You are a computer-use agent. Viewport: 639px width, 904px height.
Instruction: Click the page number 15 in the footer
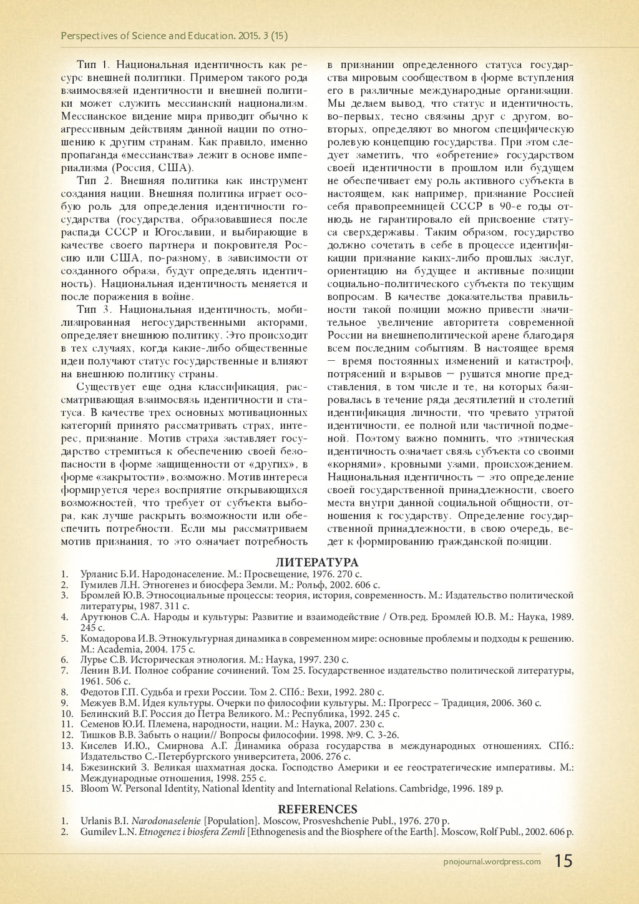point(563,862)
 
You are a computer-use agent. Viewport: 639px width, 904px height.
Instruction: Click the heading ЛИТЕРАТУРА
point(317,563)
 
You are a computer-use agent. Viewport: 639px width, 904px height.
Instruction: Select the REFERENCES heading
point(317,810)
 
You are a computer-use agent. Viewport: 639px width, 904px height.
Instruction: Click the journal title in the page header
point(174,36)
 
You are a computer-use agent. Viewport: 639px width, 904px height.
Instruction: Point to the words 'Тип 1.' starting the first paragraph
point(94,65)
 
